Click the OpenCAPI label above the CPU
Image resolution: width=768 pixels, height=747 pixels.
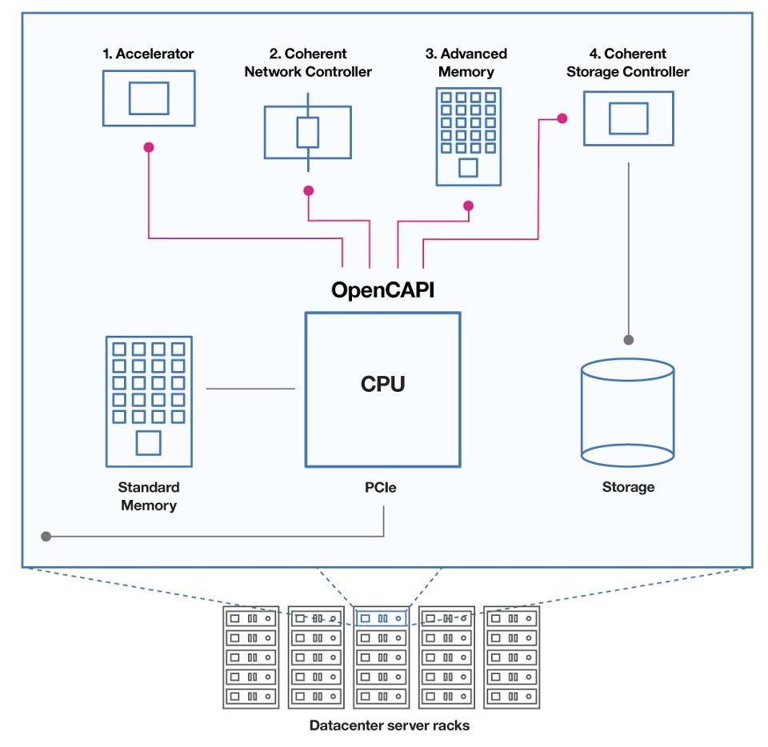point(382,290)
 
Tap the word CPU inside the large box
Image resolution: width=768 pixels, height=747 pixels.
point(382,384)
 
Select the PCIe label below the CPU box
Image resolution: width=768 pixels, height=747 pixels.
point(381,488)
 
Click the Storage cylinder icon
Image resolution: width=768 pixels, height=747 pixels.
point(627,412)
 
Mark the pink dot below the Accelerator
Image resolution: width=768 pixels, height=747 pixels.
point(149,147)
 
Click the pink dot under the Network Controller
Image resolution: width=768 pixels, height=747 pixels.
point(308,190)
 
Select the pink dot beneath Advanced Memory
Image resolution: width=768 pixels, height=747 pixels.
point(468,206)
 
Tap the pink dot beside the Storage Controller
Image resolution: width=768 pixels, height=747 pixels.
point(562,118)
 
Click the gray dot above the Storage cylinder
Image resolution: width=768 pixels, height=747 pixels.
point(629,340)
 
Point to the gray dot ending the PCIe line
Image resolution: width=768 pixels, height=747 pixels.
point(46,537)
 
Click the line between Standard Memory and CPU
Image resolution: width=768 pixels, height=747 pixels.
point(250,389)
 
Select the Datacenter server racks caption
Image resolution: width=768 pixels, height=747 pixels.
point(390,725)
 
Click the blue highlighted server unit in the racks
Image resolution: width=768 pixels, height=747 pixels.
point(381,618)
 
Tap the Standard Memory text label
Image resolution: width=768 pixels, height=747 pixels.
point(149,496)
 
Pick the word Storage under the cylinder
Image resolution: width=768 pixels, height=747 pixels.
point(629,487)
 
